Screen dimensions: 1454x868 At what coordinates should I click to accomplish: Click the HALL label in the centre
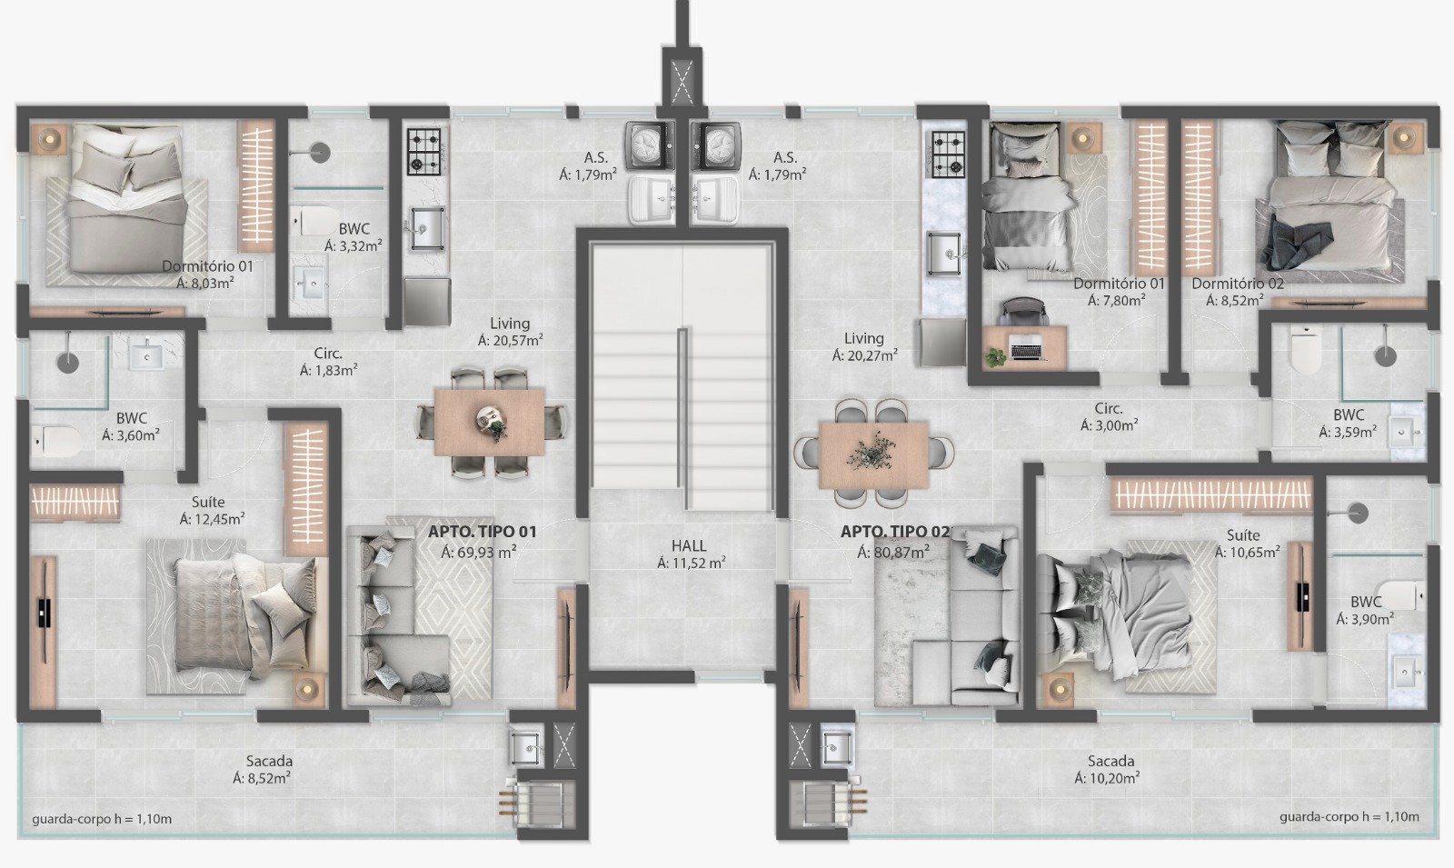[689, 546]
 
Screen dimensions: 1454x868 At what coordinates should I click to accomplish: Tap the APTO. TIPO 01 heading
[483, 532]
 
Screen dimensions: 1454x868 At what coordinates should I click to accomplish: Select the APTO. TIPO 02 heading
[895, 532]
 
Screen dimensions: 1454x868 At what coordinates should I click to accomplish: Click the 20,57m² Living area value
[510, 340]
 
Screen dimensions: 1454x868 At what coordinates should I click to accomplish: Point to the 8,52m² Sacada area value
[262, 778]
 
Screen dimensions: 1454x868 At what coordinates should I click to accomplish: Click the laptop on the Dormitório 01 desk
[1026, 351]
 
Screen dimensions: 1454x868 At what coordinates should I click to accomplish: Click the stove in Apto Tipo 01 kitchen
[424, 151]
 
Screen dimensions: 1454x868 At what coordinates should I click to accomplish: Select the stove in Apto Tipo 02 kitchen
[949, 154]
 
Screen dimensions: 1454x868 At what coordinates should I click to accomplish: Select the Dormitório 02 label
[1237, 284]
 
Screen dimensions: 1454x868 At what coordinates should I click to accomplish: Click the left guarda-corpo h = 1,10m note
[102, 819]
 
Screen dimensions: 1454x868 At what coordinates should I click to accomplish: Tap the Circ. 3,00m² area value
[1110, 426]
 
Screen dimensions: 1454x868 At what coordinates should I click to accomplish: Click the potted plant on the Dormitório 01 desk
[993, 357]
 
